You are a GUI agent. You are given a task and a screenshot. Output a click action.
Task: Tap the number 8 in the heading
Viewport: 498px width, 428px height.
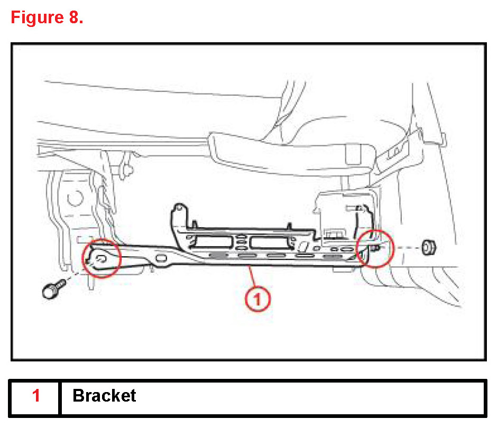pyautogui.click(x=74, y=17)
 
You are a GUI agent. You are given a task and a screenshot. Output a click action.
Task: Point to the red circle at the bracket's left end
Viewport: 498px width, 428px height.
pyautogui.click(x=102, y=257)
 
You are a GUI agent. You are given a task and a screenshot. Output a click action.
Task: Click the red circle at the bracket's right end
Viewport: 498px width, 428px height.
pyautogui.click(x=375, y=248)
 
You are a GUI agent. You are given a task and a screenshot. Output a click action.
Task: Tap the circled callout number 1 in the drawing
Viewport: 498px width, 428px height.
pyautogui.click(x=257, y=300)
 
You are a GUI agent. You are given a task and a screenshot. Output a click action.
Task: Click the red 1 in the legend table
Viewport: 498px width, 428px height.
pyautogui.click(x=36, y=395)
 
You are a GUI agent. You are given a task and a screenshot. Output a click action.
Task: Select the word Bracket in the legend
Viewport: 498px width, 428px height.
pyautogui.click(x=104, y=395)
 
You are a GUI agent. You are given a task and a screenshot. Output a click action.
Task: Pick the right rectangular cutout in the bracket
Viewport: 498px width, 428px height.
pyautogui.click(x=270, y=243)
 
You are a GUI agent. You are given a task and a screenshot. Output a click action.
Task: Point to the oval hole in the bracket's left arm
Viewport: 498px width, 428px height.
pyautogui.click(x=162, y=258)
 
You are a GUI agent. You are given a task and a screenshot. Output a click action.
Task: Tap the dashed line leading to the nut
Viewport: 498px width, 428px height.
pyautogui.click(x=404, y=247)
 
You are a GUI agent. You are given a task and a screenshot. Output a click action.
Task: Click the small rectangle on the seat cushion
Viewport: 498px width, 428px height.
pyautogui.click(x=351, y=153)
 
